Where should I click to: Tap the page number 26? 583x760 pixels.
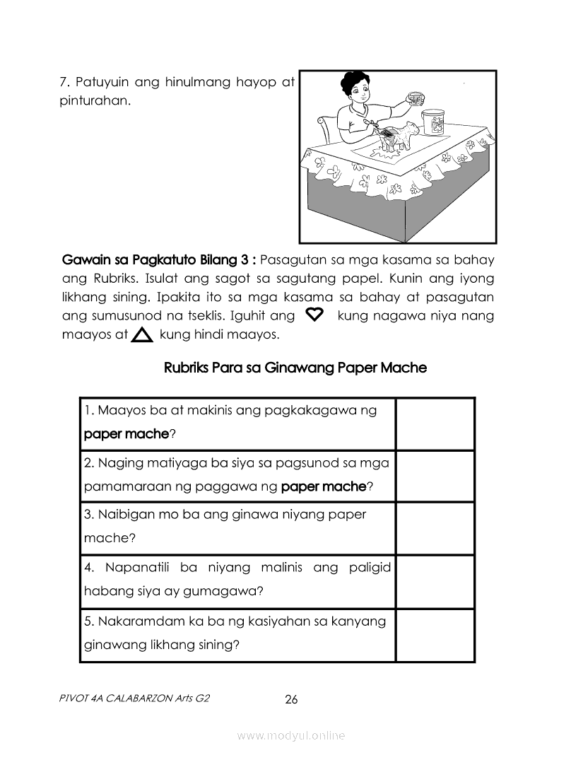tap(291, 700)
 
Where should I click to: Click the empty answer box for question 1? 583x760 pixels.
tap(434, 423)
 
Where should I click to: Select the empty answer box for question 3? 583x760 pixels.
tap(434, 528)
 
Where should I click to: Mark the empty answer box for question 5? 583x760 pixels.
tap(434, 634)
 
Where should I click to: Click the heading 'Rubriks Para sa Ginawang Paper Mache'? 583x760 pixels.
tap(295, 368)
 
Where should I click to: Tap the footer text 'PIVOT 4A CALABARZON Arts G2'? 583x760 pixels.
tap(135, 699)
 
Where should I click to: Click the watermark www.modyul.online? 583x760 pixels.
tap(291, 736)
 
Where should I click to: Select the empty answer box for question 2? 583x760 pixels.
tap(434, 476)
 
